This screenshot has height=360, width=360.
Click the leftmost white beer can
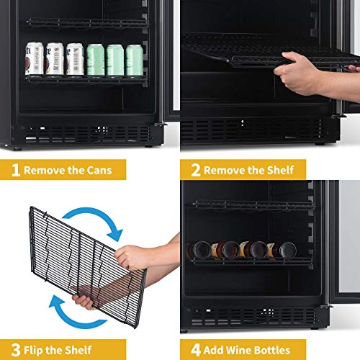[34, 60]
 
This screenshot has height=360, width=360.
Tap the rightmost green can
[135, 60]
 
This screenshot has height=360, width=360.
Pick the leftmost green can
[95, 60]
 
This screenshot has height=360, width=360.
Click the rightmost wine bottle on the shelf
[287, 250]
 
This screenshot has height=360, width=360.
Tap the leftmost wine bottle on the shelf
[198, 250]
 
